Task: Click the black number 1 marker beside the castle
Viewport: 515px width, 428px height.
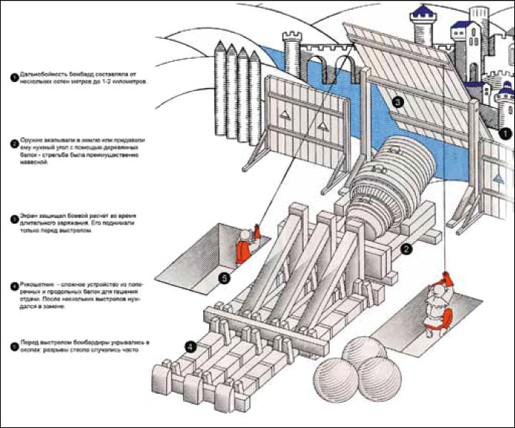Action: tap(505, 134)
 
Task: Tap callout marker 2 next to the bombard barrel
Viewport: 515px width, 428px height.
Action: tap(406, 249)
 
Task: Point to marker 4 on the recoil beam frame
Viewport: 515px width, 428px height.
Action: tap(191, 346)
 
